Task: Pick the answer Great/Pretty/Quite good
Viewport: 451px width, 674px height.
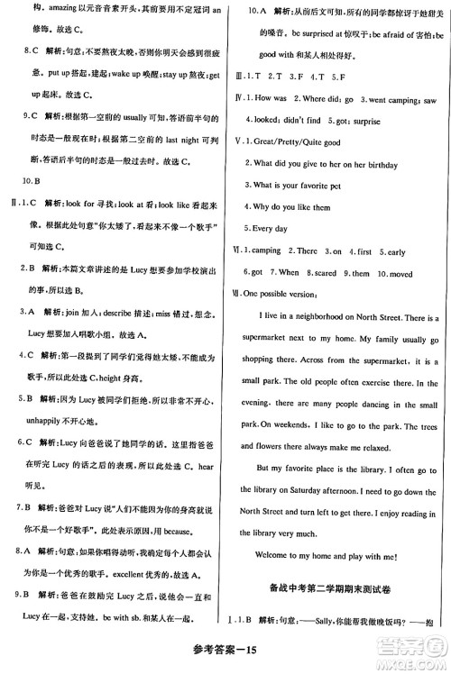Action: coord(298,141)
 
